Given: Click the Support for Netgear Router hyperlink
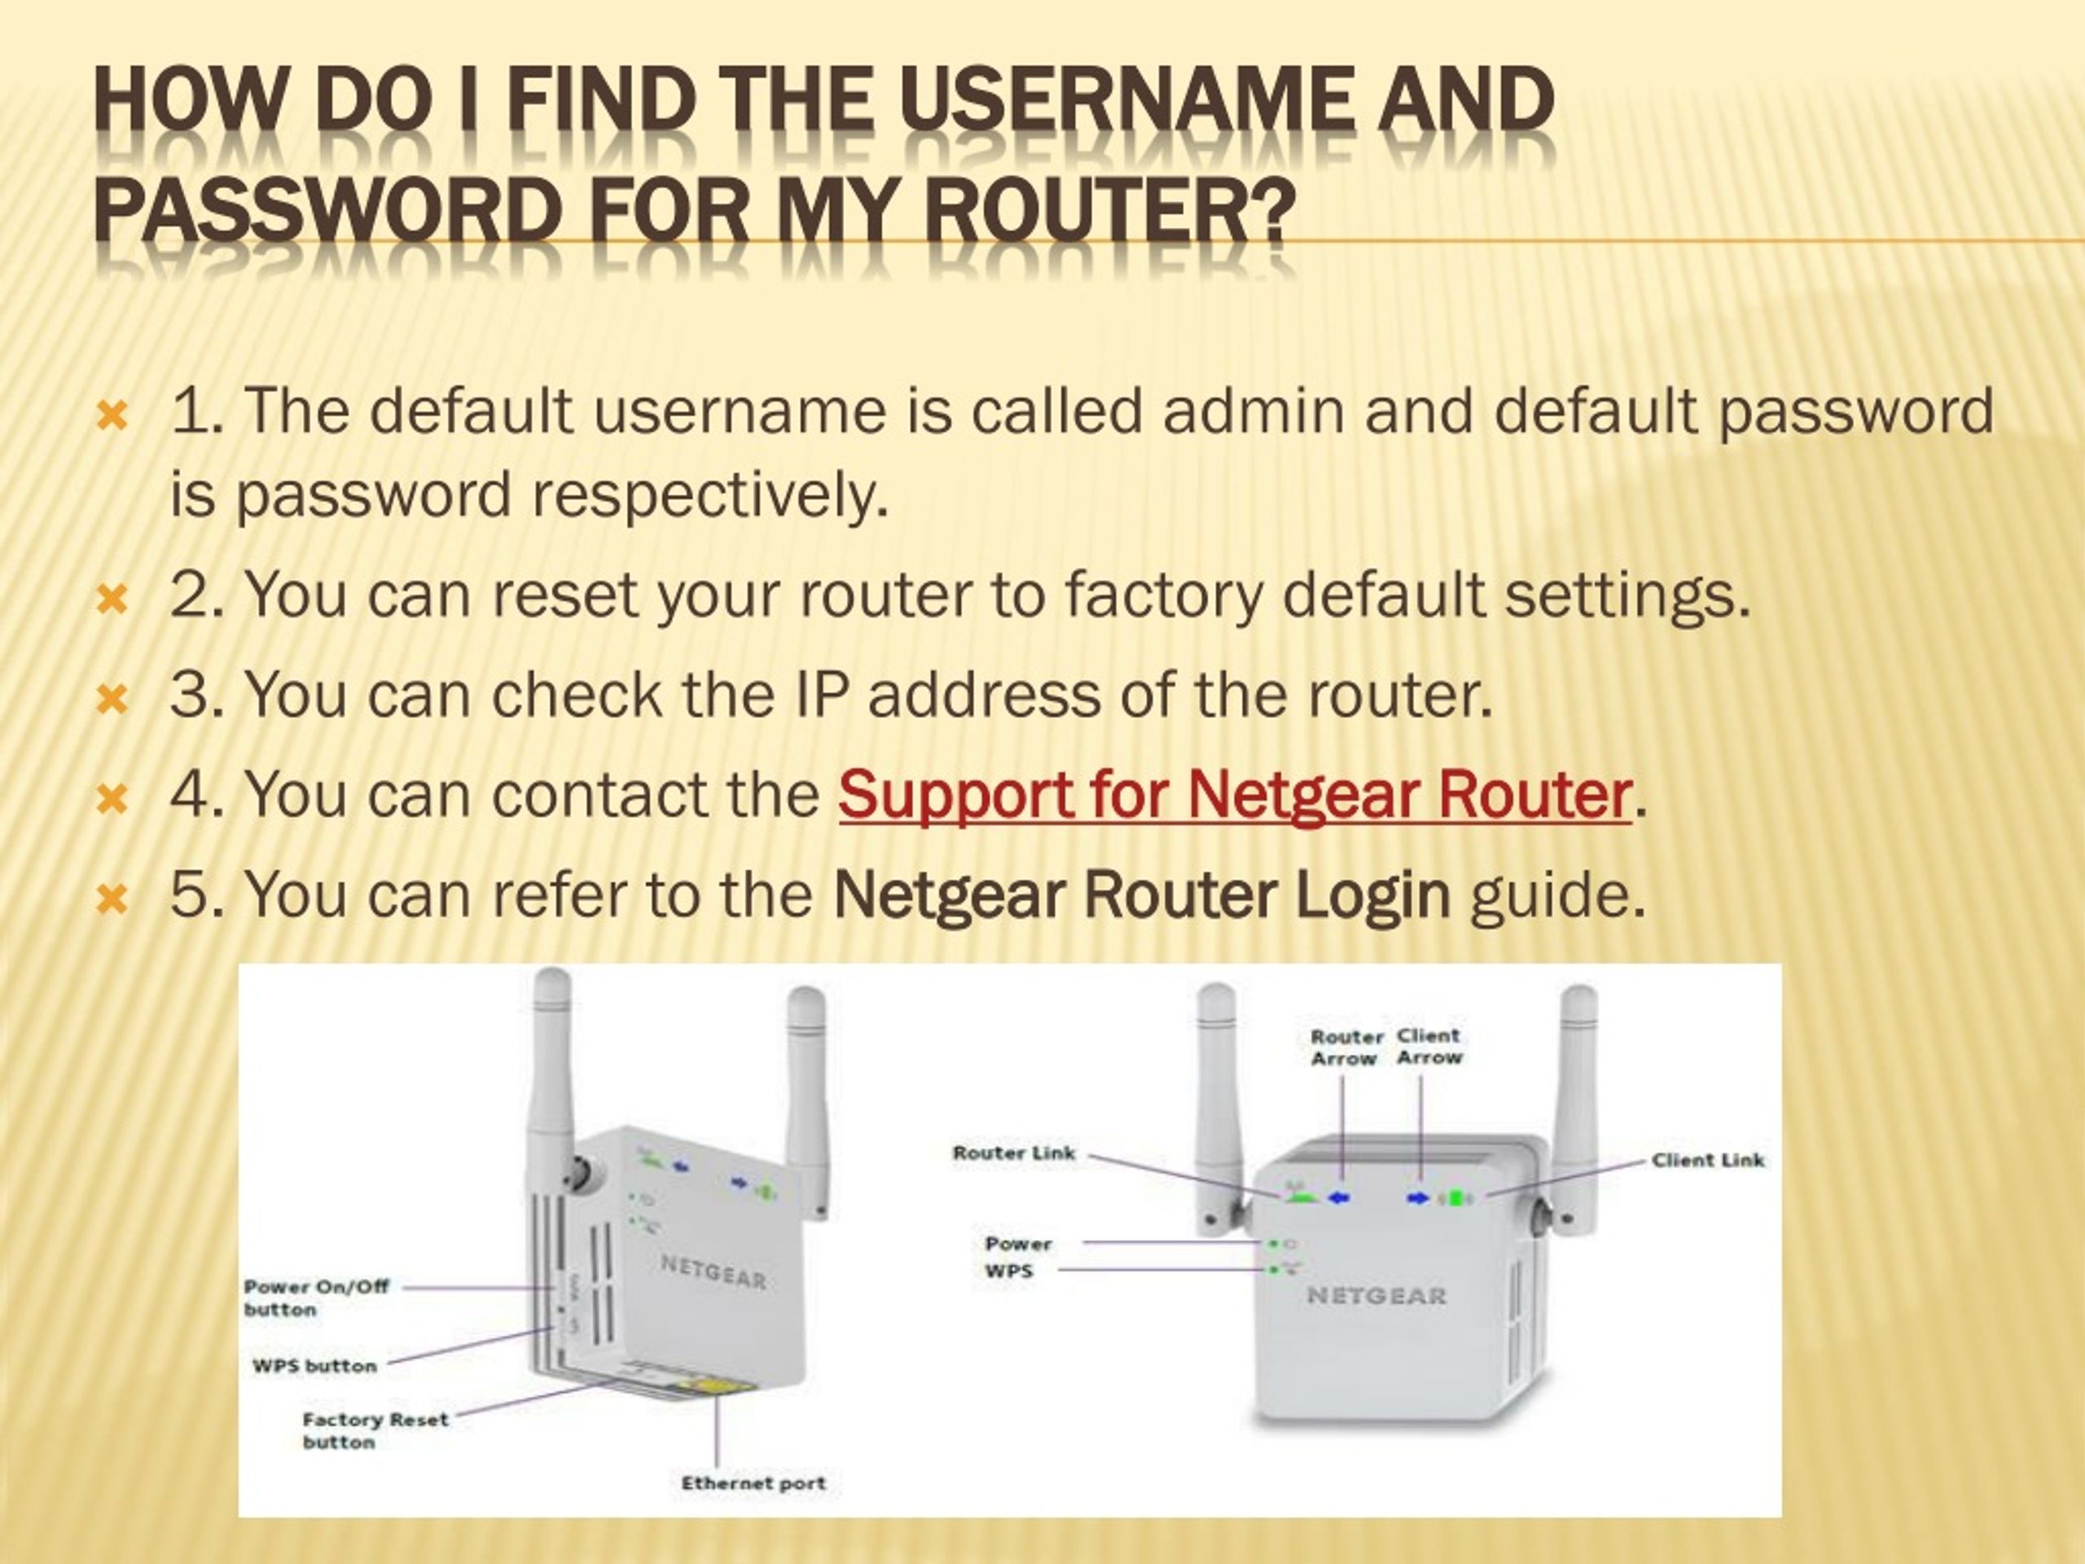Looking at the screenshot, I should tap(1234, 795).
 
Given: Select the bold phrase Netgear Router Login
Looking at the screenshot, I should tap(1142, 894).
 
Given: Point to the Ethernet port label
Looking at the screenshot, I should tap(753, 1483).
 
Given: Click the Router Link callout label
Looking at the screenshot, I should tap(1012, 1153).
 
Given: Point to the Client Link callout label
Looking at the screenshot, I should tap(1707, 1161).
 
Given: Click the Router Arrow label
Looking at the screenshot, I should tap(1346, 1048).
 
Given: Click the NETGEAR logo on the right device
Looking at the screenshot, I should tap(1376, 1296).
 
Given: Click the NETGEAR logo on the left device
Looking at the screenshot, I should tap(713, 1272).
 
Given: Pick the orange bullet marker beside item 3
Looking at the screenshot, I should tap(112, 699).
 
